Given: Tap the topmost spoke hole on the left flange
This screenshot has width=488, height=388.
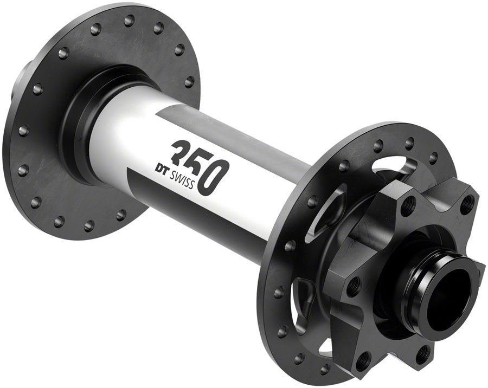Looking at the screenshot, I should [129, 21].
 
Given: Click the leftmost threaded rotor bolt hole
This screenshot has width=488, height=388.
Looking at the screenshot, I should [353, 286].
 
